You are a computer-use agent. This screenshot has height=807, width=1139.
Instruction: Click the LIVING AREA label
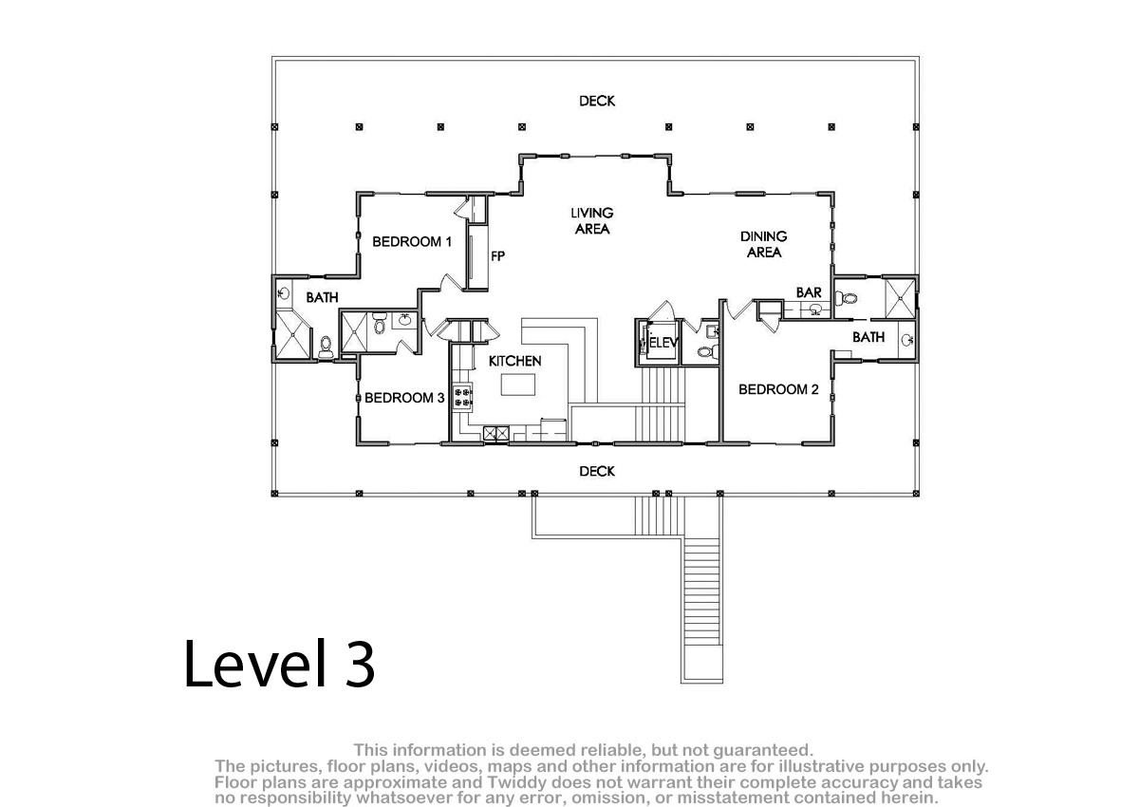(592, 220)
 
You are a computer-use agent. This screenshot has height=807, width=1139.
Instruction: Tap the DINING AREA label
(763, 244)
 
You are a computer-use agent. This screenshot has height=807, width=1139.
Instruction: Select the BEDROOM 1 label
(412, 241)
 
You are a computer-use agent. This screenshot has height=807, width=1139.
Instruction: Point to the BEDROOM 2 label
(778, 389)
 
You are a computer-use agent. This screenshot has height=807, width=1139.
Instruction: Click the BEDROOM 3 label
(404, 398)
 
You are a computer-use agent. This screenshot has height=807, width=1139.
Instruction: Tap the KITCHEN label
(514, 361)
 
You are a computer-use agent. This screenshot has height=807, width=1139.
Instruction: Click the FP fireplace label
(497, 256)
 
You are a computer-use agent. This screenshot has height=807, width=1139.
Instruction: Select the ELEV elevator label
(663, 343)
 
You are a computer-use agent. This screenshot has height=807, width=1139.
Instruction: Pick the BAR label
(809, 292)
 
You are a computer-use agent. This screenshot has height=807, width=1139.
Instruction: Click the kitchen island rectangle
(517, 385)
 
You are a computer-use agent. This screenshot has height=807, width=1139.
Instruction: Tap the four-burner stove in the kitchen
(462, 397)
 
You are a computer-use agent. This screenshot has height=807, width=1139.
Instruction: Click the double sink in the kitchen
(495, 433)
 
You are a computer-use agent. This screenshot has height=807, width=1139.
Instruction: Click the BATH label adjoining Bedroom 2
(868, 337)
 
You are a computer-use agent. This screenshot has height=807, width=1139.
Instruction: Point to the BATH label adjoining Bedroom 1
(322, 297)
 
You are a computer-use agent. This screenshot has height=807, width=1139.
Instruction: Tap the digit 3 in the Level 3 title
(359, 664)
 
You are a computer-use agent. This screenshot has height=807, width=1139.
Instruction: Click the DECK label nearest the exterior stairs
(597, 472)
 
